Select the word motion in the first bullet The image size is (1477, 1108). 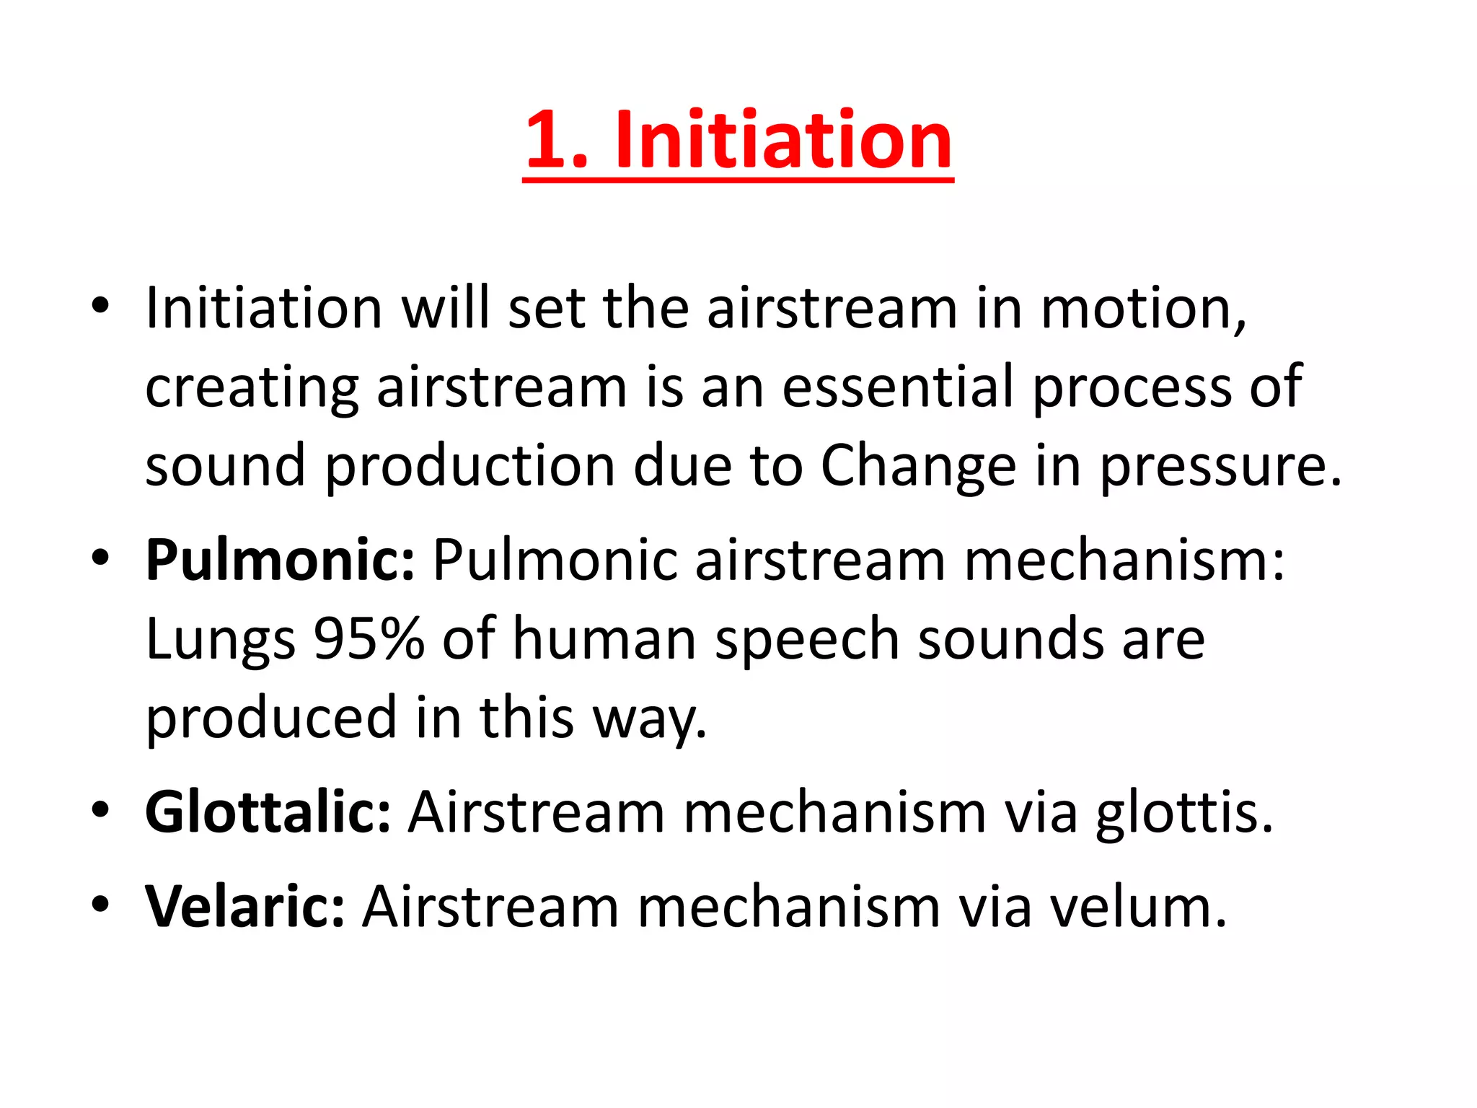[x=1143, y=309]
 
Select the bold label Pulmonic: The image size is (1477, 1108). [x=281, y=561]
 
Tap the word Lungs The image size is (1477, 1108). [x=221, y=641]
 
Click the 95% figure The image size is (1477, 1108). [x=369, y=639]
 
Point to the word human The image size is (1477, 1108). [x=604, y=639]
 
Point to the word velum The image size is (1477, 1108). [x=1137, y=906]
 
